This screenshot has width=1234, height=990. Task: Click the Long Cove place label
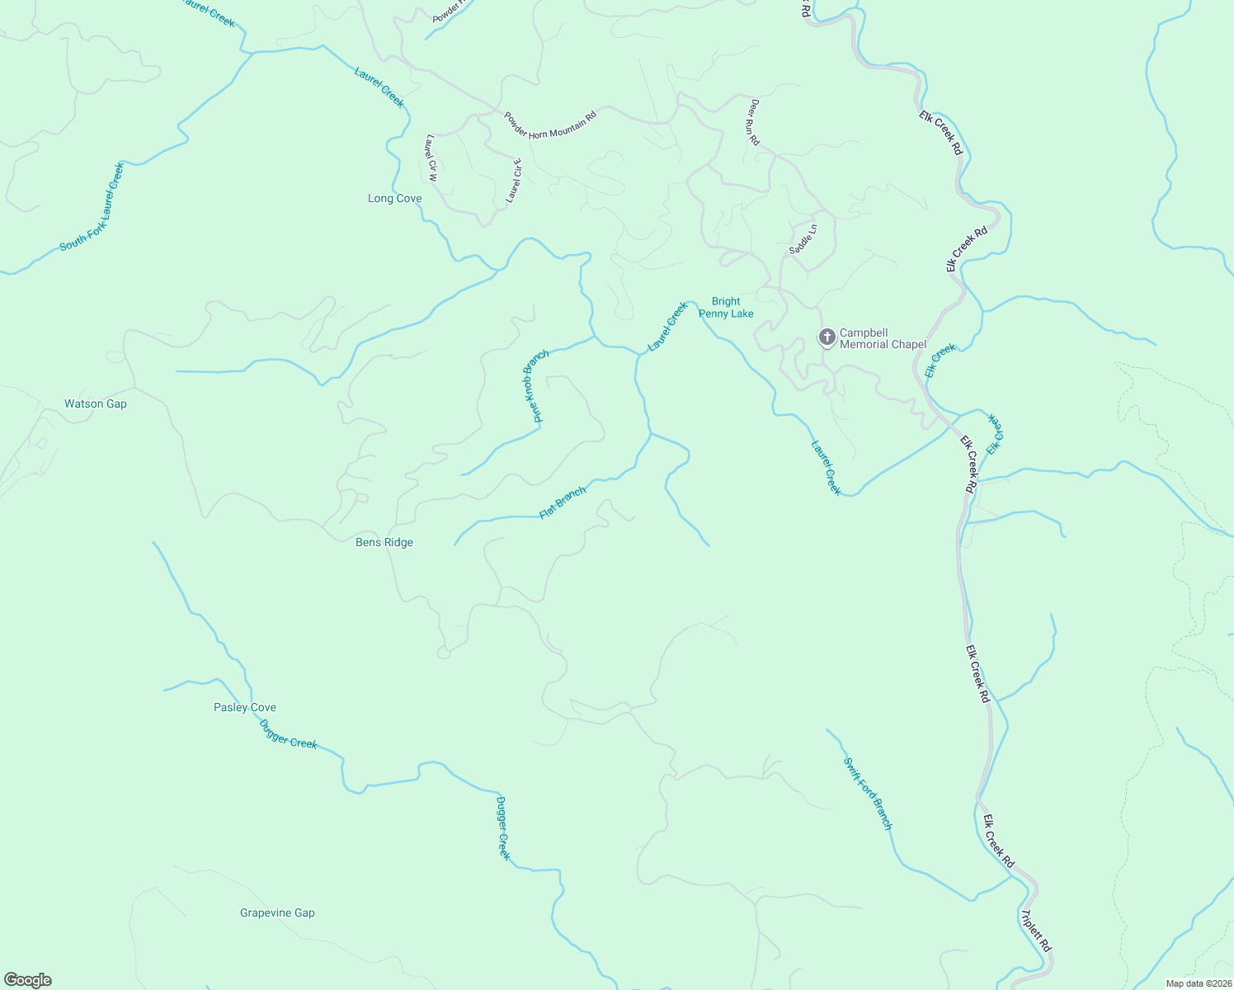394,199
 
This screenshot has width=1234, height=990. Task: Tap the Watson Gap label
96,404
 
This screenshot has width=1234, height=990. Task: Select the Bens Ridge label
384,543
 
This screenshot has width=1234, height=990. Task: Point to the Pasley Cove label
245,708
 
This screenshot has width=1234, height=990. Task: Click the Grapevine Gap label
277,913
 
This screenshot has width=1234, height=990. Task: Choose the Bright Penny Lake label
726,308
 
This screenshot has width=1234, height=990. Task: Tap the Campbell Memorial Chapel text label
883,339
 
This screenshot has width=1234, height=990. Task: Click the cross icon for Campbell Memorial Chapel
827,337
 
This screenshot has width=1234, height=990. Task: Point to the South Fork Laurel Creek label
92,207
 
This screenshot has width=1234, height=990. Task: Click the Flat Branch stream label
563,502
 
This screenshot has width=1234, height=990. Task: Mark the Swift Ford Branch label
868,794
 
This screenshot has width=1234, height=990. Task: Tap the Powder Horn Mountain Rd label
549,125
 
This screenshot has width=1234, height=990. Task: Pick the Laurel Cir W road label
431,158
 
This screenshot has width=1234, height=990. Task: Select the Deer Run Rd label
754,122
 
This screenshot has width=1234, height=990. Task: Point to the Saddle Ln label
803,238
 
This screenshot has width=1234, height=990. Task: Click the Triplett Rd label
1035,931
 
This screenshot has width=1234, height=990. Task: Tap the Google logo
27,980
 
